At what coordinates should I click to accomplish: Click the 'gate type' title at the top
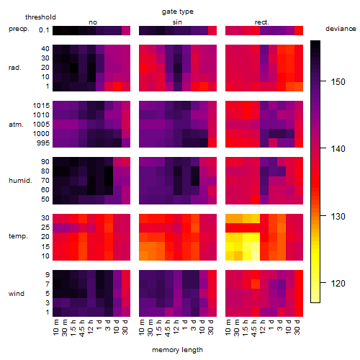178,12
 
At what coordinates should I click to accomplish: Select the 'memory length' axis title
177,350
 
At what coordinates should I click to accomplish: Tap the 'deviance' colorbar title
341,29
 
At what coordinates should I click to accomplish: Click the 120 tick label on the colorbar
338,284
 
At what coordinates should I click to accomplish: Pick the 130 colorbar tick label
338,217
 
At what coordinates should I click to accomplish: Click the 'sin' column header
177,22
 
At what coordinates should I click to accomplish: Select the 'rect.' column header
262,22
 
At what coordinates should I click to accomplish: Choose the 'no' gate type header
93,22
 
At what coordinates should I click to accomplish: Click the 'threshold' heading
40,17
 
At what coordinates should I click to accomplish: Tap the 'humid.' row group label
20,180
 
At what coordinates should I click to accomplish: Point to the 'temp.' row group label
18,236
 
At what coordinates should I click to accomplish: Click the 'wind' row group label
17,294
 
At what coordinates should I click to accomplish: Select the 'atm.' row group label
16,125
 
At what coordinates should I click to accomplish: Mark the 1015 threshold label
41,105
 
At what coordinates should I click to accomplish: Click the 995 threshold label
43,143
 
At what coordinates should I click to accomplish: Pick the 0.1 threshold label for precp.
44,30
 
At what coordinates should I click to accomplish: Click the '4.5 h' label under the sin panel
168,328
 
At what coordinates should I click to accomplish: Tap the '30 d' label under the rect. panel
298,327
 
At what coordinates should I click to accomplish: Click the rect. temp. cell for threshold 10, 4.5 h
256,256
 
